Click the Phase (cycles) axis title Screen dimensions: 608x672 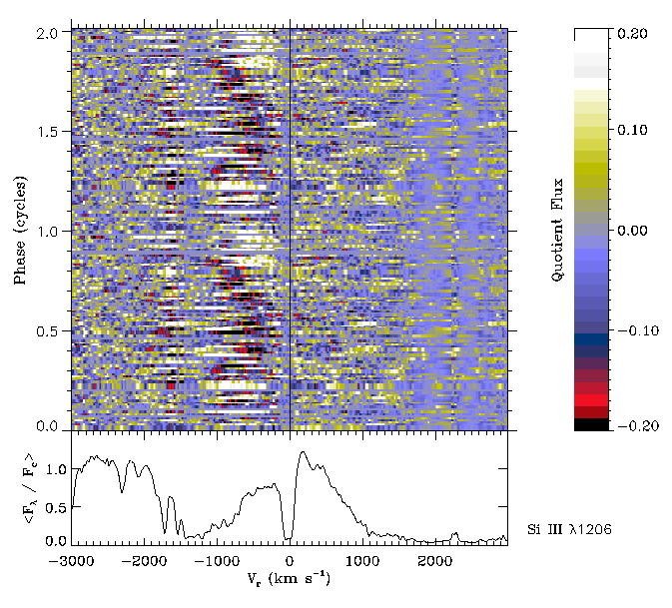pos(20,231)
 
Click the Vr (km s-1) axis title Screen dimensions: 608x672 pos(289,580)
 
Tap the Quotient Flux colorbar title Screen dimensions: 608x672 pos(558,230)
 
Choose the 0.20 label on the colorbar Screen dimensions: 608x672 pos(630,33)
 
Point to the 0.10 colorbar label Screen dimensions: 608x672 pos(630,131)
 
